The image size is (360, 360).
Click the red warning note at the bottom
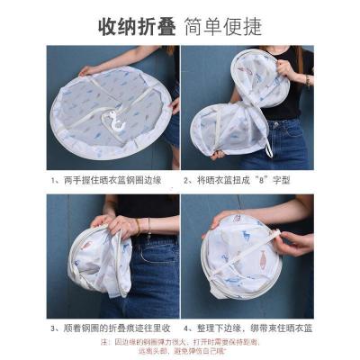(180, 347)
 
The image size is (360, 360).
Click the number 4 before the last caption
(187, 328)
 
